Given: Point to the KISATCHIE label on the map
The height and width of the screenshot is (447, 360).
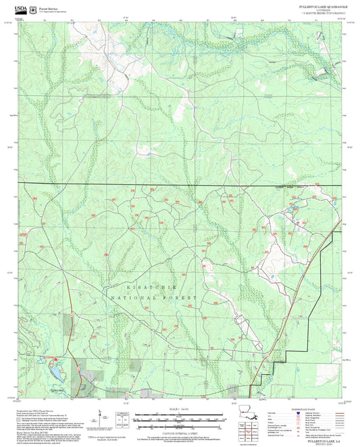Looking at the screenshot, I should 143,287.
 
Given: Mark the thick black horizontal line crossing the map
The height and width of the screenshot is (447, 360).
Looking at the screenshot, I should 169,183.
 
